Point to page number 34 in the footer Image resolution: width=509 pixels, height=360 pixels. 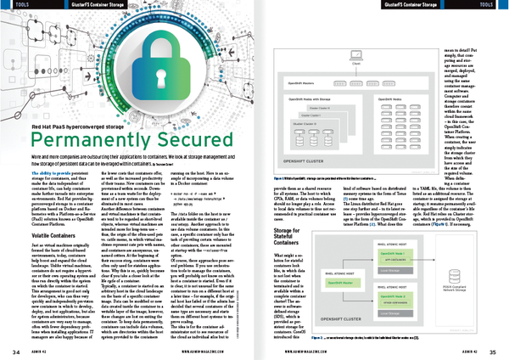click(15, 351)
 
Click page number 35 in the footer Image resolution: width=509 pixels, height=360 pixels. click(494, 351)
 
